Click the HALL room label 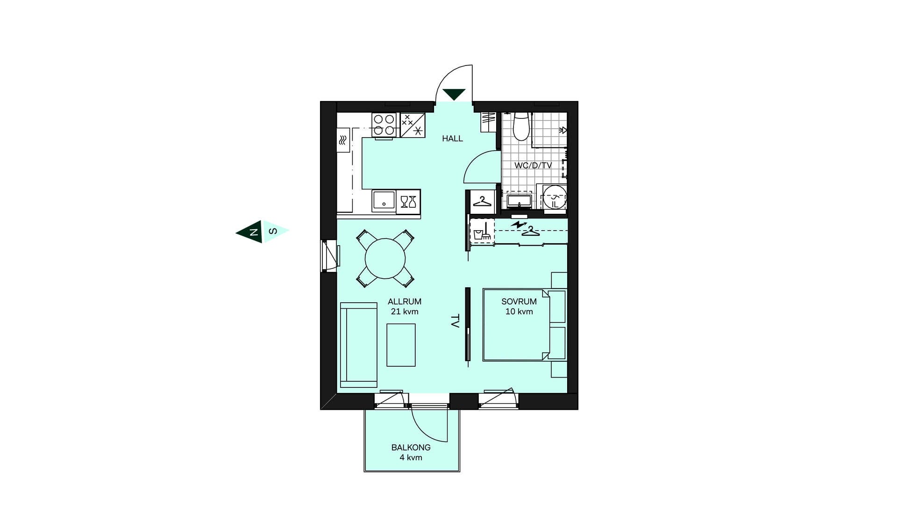coord(452,138)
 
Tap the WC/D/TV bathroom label coord(533,166)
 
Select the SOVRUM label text coord(519,302)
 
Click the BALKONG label coord(411,448)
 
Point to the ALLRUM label coord(405,302)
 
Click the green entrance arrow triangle coord(454,95)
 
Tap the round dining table coord(385,259)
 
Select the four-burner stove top coord(384,125)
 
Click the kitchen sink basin coord(384,201)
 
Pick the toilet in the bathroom coord(520,126)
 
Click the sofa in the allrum coord(358,345)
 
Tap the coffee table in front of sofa coord(401,345)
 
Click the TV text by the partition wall coord(455,321)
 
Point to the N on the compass coord(254,232)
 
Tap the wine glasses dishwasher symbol coord(408,202)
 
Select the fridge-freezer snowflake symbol coord(413,125)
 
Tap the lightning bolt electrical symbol coord(518,225)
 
